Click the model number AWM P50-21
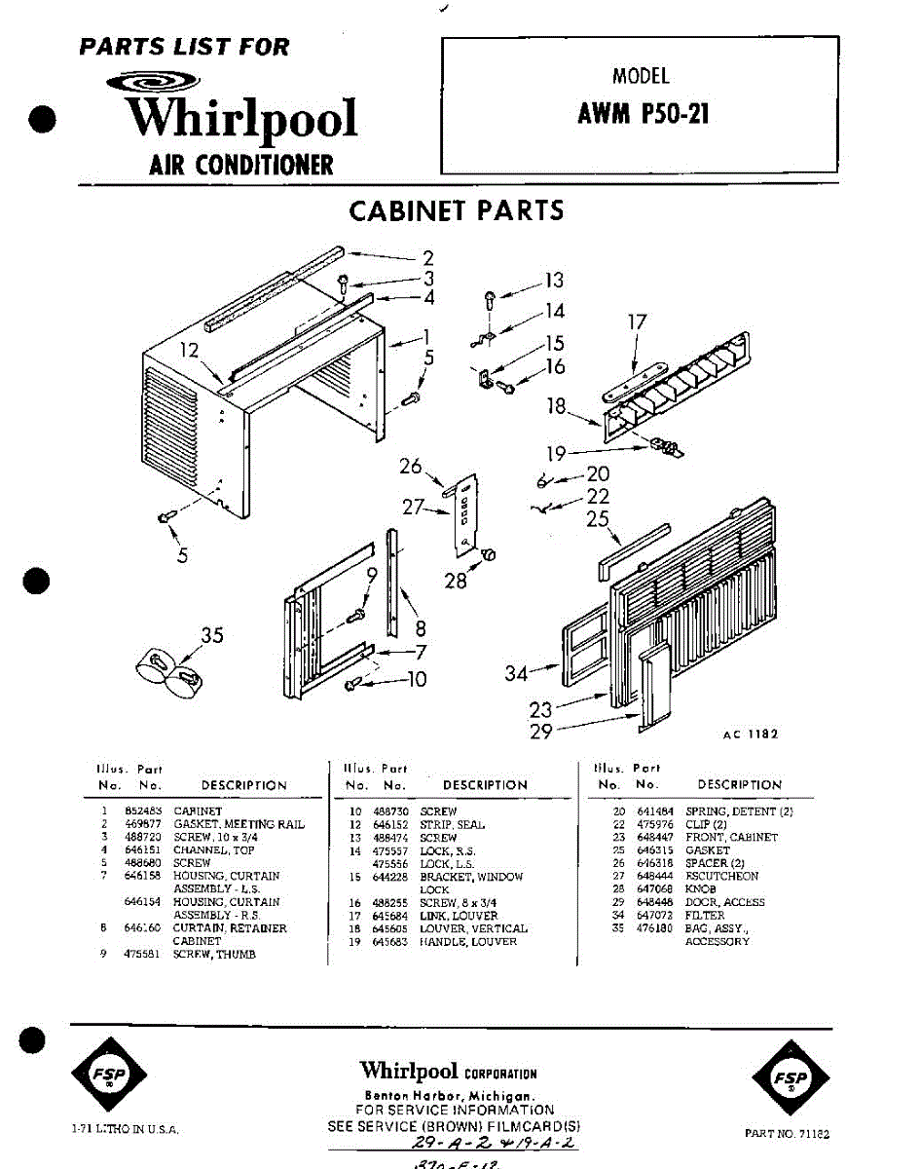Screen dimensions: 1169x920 (x=644, y=115)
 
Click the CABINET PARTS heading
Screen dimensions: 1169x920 (x=456, y=210)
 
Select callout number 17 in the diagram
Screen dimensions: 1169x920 (x=637, y=322)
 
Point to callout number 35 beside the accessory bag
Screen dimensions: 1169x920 (x=211, y=636)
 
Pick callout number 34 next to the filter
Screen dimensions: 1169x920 (x=518, y=672)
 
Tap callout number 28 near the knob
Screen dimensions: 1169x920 (x=455, y=582)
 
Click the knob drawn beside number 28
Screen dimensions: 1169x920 (x=489, y=555)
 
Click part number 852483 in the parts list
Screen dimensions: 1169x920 (x=136, y=811)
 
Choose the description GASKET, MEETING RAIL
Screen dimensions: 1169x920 (x=239, y=824)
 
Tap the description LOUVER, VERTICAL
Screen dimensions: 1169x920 (x=473, y=929)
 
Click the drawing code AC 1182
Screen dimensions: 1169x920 (x=750, y=735)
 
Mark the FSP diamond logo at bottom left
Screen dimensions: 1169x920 (x=109, y=1074)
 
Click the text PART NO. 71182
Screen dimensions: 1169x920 (x=787, y=1133)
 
